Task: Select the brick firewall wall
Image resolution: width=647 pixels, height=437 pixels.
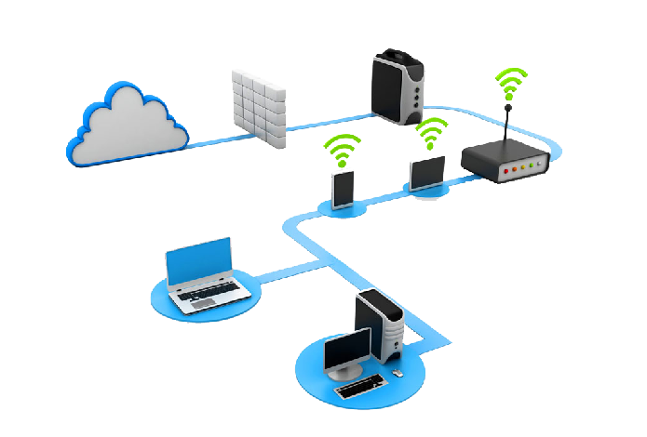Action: [x=259, y=102]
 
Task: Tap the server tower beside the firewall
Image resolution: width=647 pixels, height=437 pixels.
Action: [x=399, y=83]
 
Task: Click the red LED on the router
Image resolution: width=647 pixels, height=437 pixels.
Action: [x=506, y=171]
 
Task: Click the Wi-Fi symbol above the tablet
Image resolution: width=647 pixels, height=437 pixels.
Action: [x=430, y=134]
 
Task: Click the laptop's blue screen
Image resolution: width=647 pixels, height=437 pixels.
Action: [x=199, y=259]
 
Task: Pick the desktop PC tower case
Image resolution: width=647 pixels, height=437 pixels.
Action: [x=382, y=325]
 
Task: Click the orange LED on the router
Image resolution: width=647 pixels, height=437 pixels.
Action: [x=514, y=170]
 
